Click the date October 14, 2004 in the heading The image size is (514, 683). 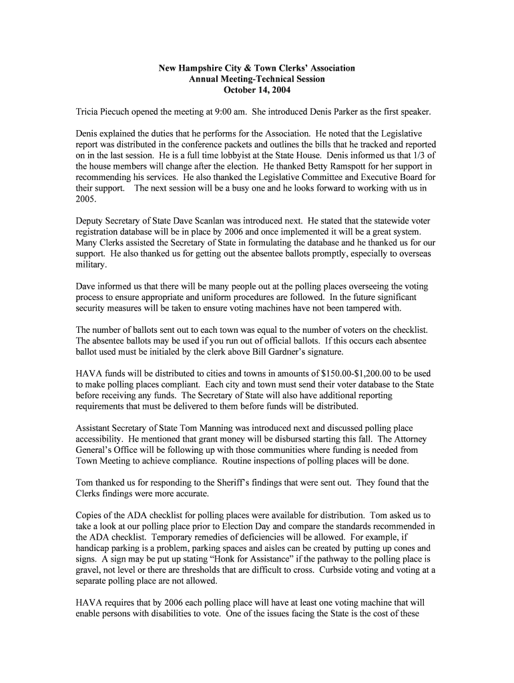pyautogui.click(x=257, y=90)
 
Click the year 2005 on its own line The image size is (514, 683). pyautogui.click(x=86, y=198)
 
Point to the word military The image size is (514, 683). pyautogui.click(x=91, y=264)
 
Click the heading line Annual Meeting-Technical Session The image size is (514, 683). pyautogui.click(x=257, y=79)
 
